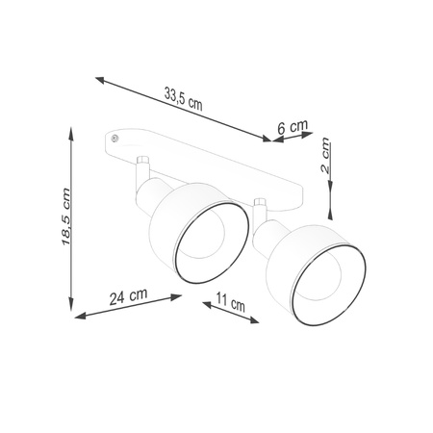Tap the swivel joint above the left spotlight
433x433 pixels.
pyautogui.click(x=142, y=165)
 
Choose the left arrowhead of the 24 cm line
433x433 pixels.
pyautogui.click(x=77, y=317)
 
